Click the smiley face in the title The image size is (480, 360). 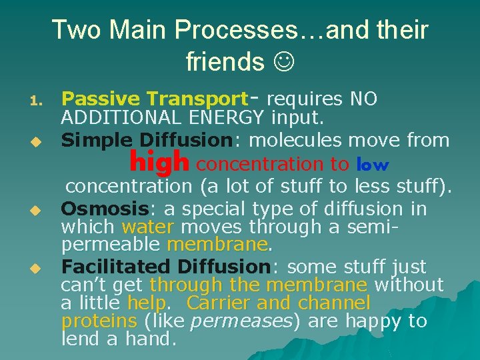(x=282, y=62)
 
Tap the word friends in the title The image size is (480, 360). (x=225, y=62)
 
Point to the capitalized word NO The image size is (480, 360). (x=363, y=99)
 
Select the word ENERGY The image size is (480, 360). (x=227, y=119)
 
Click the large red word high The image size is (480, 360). (x=160, y=162)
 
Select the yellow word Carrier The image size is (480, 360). (x=219, y=303)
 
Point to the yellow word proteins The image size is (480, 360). (x=99, y=322)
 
